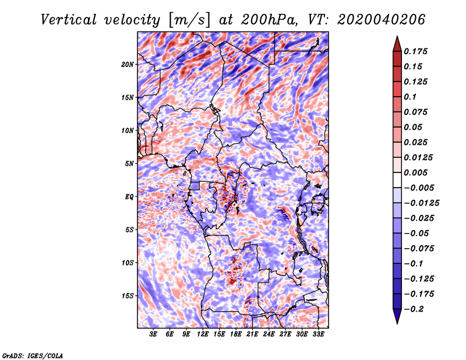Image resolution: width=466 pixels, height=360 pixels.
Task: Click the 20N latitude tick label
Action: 128,65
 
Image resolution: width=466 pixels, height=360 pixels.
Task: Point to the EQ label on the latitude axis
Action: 129,197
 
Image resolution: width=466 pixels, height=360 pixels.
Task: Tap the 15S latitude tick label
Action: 128,296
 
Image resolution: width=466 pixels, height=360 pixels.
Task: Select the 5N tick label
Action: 129,164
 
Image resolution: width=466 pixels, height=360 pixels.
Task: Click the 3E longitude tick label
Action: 153,334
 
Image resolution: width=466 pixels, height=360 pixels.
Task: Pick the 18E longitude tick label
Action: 236,334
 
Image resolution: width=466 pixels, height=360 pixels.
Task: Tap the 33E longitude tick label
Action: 318,334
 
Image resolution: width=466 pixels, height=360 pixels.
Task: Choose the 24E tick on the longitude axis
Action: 269,334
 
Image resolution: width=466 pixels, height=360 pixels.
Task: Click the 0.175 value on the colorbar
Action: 415,51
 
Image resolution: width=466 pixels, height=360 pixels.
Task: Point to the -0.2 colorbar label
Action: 413,309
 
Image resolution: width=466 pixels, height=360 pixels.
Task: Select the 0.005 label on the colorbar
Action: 415,172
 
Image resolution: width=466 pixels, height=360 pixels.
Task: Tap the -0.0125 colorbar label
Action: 421,203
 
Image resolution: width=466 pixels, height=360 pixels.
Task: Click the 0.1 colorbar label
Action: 410,97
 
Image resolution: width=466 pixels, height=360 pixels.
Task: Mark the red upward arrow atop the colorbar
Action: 397,44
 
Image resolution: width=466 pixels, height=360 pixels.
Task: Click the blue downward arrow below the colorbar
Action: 397,316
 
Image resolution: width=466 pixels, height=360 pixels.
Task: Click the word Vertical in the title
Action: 69,20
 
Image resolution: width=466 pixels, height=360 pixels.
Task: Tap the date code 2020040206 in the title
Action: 382,20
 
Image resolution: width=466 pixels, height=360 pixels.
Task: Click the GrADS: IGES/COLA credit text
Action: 33,355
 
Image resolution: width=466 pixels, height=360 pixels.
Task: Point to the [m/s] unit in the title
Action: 190,20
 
